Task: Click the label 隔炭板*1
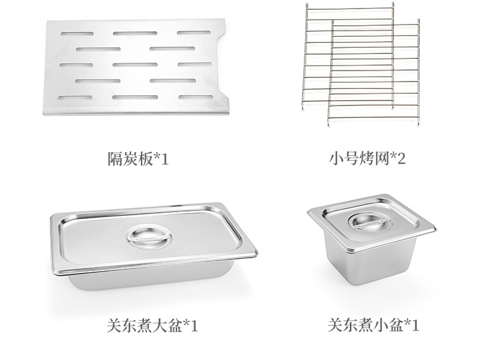137,159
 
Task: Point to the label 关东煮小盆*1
373,324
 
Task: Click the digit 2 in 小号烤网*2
402,159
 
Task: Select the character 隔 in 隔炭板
115,159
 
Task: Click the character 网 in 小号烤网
382,159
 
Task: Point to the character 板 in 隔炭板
145,159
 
